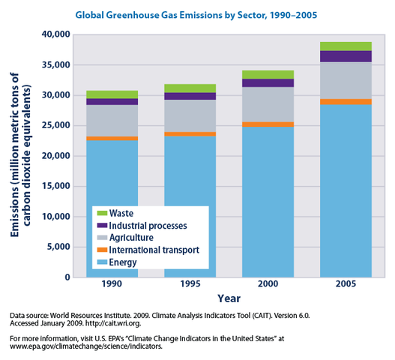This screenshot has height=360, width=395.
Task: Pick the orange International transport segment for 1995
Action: coord(189,133)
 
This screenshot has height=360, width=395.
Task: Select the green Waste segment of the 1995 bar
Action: coord(189,88)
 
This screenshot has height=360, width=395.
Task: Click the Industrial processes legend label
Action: coord(148,225)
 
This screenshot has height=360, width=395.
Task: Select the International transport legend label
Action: coord(154,250)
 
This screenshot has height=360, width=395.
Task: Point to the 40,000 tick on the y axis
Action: coord(53,34)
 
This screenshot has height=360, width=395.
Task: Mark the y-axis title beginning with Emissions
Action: coord(20,156)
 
